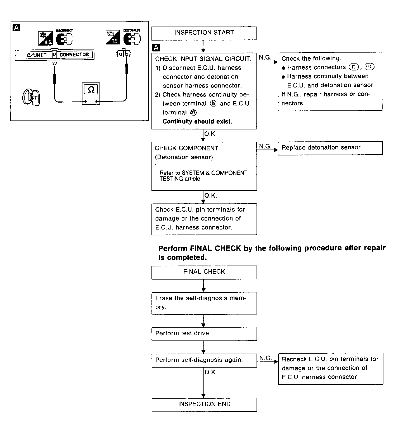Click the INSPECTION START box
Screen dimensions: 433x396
[x=204, y=33]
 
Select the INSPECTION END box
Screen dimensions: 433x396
[x=204, y=404]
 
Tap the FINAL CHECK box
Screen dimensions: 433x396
[x=204, y=272]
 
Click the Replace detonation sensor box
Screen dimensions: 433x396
[x=330, y=148]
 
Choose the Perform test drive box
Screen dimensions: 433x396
[x=204, y=333]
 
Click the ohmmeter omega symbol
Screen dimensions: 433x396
[x=91, y=89]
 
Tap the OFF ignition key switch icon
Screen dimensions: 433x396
[x=31, y=98]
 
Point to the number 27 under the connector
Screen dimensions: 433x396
[x=55, y=64]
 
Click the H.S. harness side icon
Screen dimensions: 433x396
[x=46, y=39]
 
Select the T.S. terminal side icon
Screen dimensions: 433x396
[x=113, y=37]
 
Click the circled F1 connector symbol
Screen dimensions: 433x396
[x=354, y=67]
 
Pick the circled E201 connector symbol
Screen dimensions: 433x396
[x=369, y=67]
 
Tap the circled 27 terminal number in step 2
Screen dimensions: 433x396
[x=193, y=113]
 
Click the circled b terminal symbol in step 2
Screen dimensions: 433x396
[x=213, y=104]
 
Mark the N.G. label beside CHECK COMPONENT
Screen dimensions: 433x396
[x=265, y=146]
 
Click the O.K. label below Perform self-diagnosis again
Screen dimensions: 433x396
[x=210, y=372]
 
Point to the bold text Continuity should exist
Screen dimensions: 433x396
[x=197, y=122]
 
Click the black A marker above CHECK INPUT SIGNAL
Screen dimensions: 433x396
[x=156, y=48]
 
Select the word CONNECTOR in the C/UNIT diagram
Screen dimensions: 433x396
[x=74, y=55]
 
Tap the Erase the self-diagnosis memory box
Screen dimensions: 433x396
[x=204, y=303]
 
